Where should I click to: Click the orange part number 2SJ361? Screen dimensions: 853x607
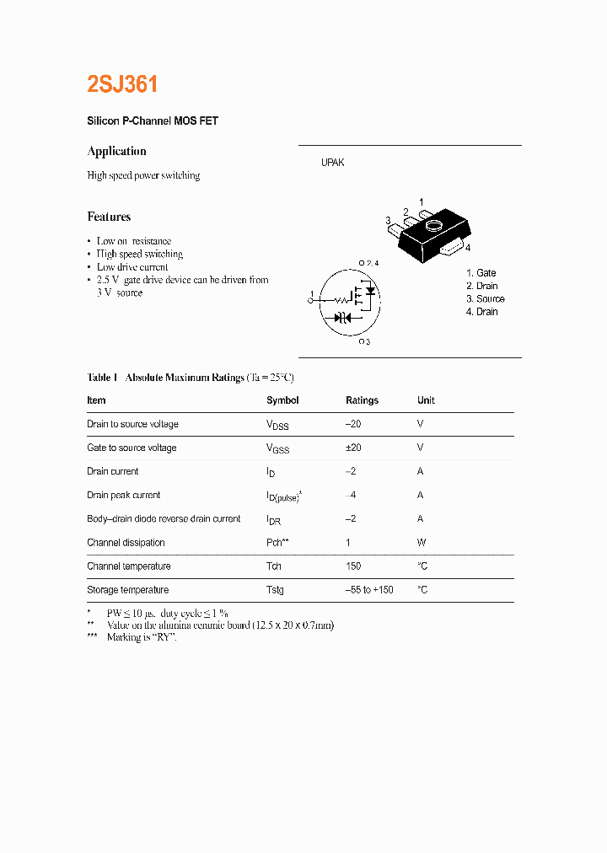(122, 85)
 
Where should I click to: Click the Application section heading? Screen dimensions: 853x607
(116, 152)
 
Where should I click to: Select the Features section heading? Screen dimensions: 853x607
(109, 217)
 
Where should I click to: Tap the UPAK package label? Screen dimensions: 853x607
(332, 163)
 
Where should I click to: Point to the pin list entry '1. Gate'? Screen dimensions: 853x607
(481, 273)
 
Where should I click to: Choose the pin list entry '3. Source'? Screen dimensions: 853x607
(485, 299)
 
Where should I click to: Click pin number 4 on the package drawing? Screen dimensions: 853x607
(467, 248)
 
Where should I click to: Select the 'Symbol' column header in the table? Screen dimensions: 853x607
(282, 400)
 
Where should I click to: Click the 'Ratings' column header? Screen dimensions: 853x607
(362, 400)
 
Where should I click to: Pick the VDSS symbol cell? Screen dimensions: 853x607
(277, 425)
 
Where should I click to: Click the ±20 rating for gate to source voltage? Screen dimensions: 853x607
(353, 448)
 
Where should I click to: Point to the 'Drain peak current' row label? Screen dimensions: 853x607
(123, 496)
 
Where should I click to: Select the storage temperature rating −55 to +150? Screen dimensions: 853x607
(369, 590)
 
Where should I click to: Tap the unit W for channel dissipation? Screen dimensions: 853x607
(422, 543)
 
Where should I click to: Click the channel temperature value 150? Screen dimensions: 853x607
(353, 566)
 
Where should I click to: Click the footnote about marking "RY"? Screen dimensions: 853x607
(141, 637)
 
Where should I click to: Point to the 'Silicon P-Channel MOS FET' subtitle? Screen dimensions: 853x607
(153, 121)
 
